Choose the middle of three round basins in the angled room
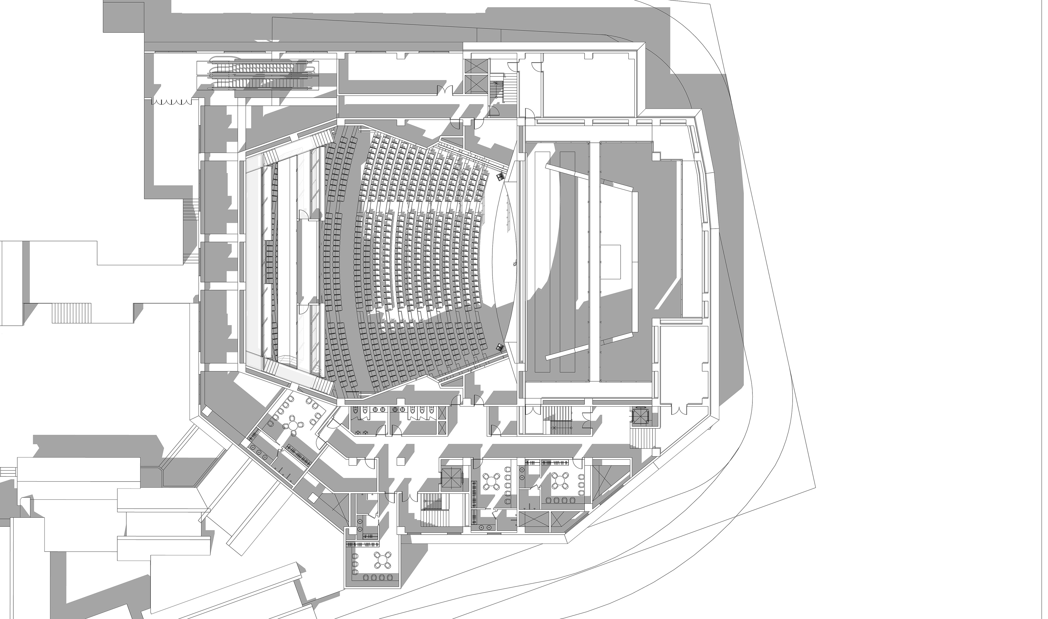pyautogui.click(x=258, y=452)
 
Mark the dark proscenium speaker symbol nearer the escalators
pyautogui.click(x=500, y=178)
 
